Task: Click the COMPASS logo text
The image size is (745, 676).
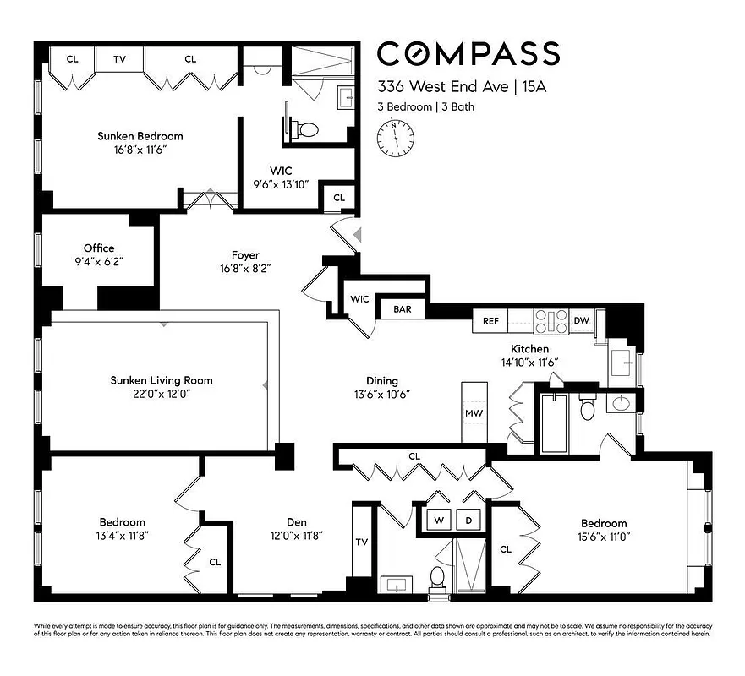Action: [x=468, y=54]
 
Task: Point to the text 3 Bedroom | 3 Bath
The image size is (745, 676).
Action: [x=420, y=107]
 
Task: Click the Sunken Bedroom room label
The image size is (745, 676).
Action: [x=140, y=136]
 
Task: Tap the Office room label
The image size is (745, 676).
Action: [x=99, y=248]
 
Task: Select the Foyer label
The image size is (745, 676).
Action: [x=245, y=255]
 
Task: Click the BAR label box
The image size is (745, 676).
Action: [x=403, y=309]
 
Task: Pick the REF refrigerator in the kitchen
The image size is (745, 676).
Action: [x=491, y=321]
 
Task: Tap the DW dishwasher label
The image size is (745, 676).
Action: [x=581, y=321]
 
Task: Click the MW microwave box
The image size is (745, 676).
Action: [x=474, y=413]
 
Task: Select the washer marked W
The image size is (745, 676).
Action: [x=440, y=521]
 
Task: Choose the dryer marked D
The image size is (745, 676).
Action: [x=469, y=521]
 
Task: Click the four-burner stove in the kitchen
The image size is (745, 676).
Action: [x=551, y=320]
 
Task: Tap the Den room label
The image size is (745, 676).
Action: [x=296, y=522]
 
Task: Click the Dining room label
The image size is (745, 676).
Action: [x=382, y=381]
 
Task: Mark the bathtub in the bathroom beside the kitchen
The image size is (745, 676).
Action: [x=554, y=422]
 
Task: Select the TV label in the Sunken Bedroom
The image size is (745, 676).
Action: [x=120, y=59]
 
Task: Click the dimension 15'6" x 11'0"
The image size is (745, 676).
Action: [x=604, y=537]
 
